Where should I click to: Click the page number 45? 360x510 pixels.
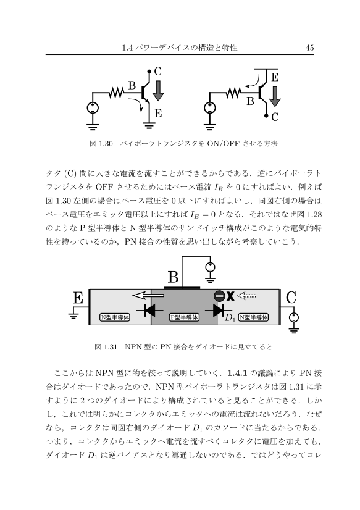tap(309, 48)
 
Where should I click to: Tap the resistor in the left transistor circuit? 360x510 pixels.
tap(116, 93)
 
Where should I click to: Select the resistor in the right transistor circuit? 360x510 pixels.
tap(233, 93)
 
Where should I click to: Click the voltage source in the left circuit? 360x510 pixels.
tap(93, 108)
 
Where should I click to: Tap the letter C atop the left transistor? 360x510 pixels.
tap(157, 71)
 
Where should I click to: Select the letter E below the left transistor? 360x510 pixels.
tap(158, 113)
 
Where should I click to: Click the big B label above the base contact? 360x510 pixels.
tap(173, 277)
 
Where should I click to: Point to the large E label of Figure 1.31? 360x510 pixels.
tap(78, 297)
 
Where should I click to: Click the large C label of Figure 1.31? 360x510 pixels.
tap(291, 297)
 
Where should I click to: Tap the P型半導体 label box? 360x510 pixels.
tap(185, 317)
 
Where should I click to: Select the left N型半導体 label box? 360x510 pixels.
tap(115, 317)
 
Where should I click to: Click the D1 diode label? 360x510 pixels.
tap(230, 318)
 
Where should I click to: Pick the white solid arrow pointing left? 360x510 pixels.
tap(148, 296)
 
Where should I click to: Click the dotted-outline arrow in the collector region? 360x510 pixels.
tap(247, 296)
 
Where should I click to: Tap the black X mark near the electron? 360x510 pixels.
tap(230, 296)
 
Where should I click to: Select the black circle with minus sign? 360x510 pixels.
tap(219, 296)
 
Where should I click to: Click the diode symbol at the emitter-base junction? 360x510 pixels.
tap(149, 310)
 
